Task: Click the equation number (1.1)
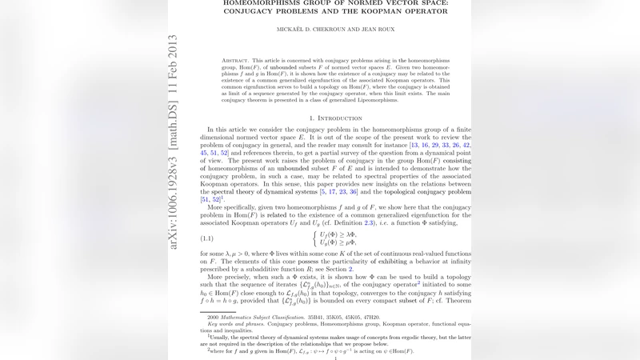click(210, 238)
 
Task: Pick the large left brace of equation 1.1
click(314, 238)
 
